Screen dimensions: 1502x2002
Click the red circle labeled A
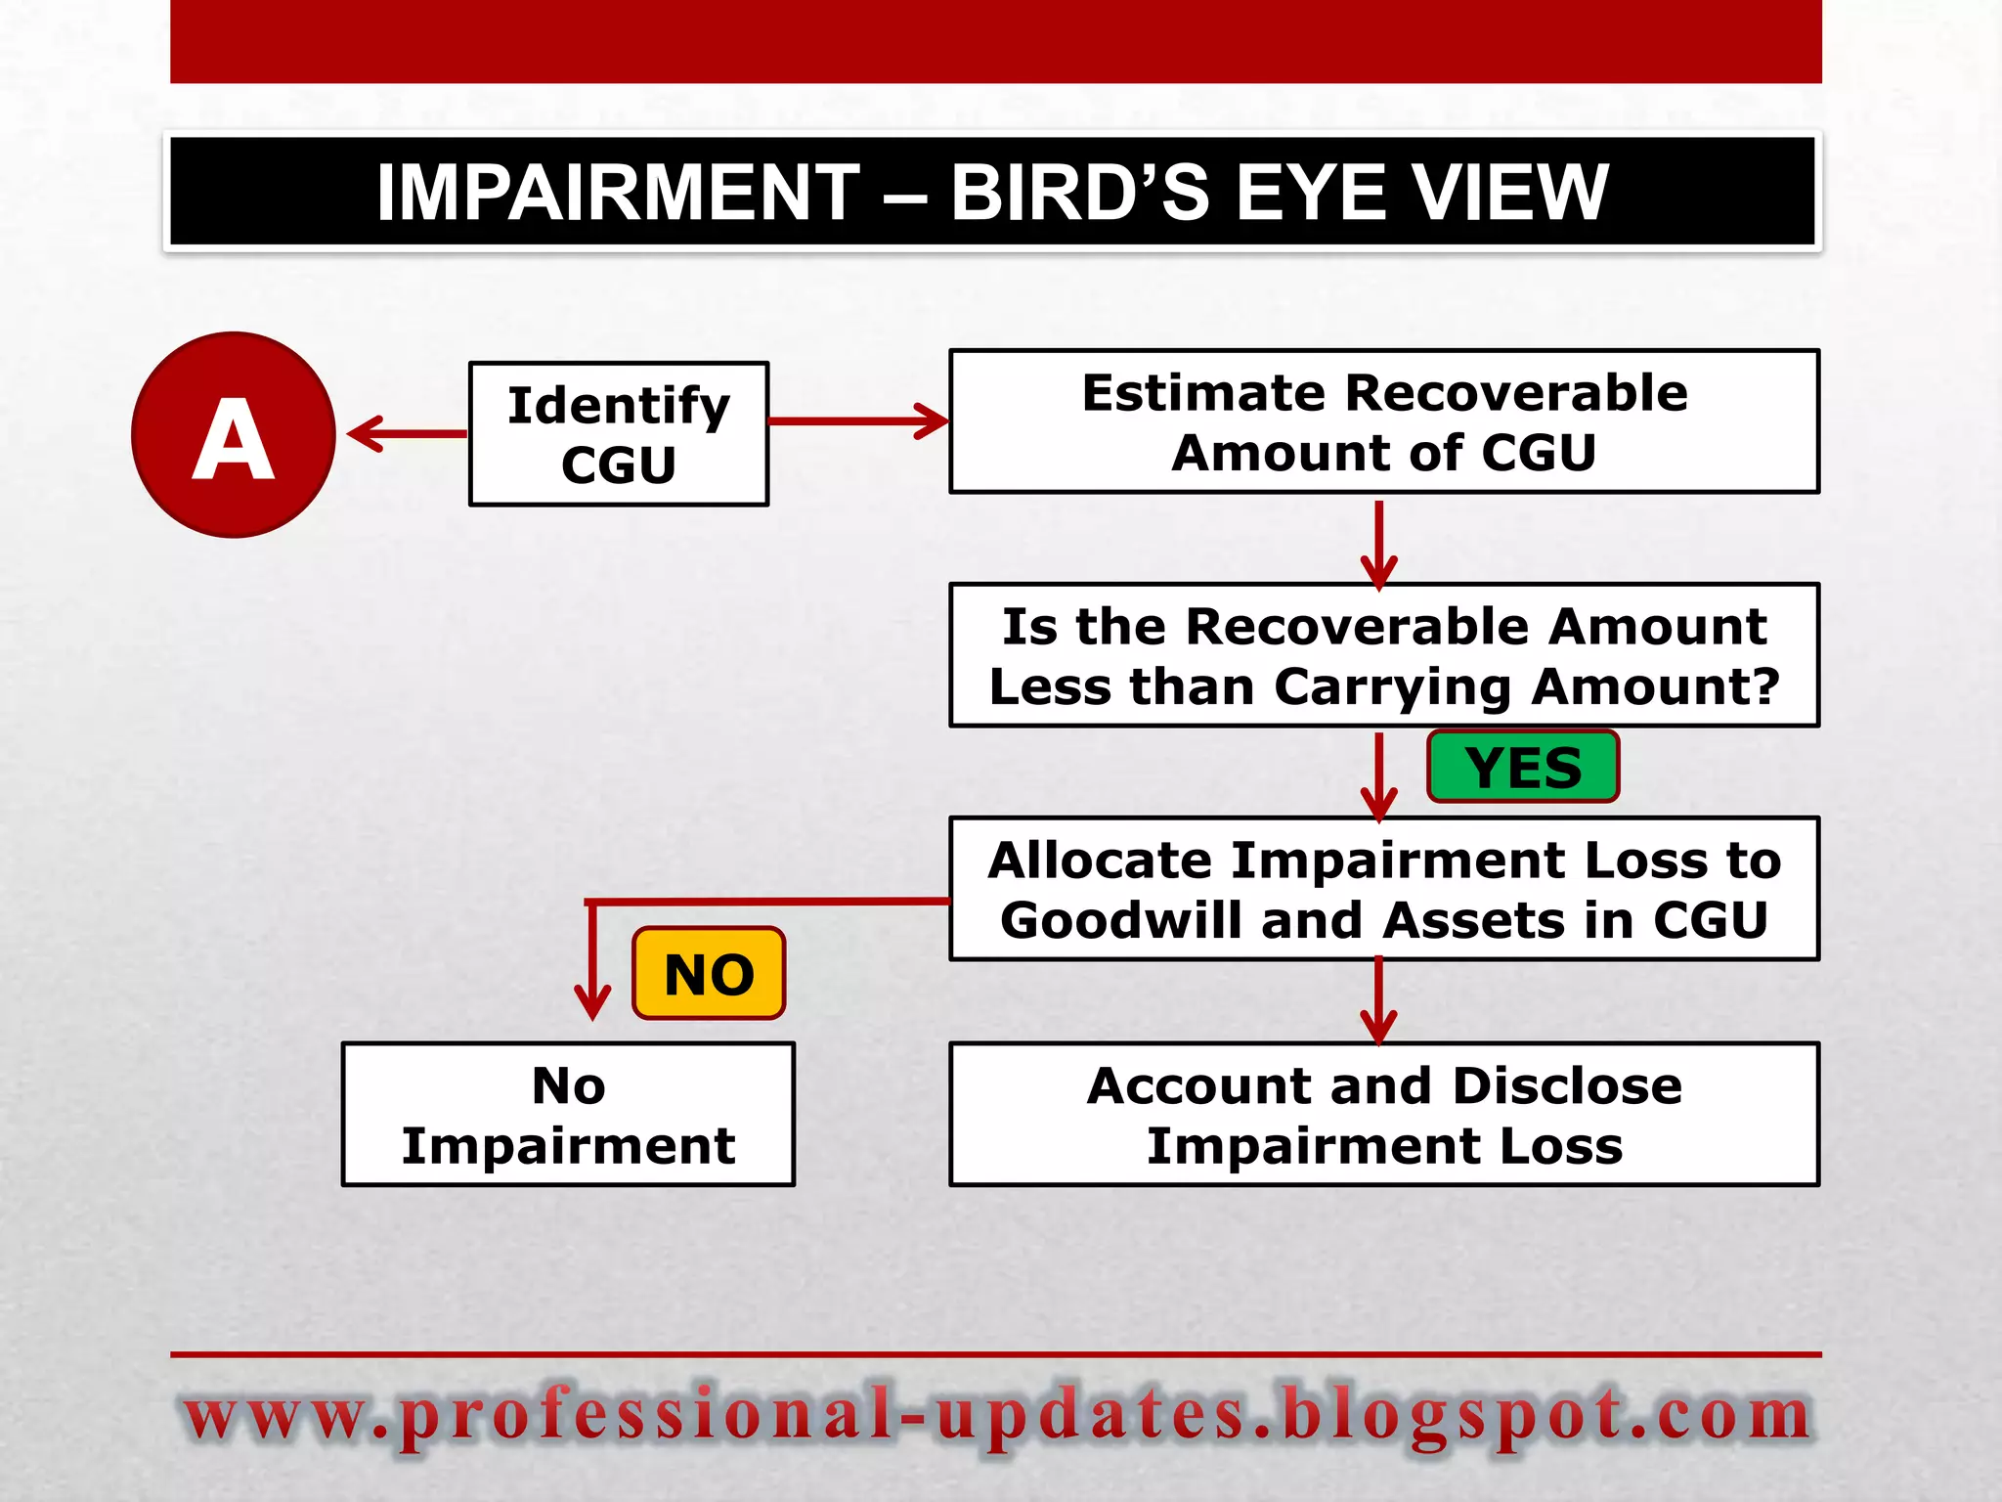pos(234,435)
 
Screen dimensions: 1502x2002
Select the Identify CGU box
pos(619,434)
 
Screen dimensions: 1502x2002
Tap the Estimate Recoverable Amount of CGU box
pos(1384,421)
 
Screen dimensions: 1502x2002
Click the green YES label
pos(1523,767)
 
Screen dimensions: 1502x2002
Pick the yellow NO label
pos(709,974)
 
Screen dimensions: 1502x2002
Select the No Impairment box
pos(568,1115)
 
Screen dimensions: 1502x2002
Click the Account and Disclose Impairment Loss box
pos(1384,1115)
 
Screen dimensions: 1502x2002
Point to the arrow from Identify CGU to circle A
pos(406,433)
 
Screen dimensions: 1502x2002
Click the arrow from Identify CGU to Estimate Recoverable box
pos(858,421)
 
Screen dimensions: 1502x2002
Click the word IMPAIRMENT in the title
pos(618,193)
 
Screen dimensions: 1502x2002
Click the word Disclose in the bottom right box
pos(1567,1085)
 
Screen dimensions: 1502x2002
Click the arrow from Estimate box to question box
pos(1378,543)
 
